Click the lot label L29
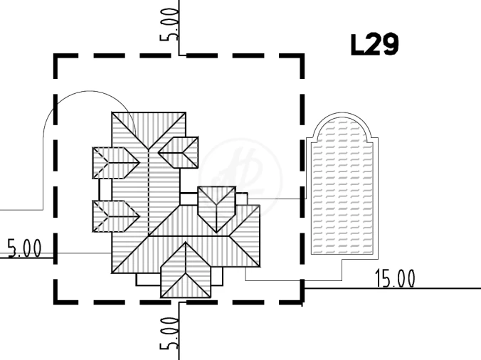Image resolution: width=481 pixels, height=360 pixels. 374,45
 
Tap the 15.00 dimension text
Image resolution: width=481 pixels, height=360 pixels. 395,278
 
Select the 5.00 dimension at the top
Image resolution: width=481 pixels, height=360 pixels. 169,25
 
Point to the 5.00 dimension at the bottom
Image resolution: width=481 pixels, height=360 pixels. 169,334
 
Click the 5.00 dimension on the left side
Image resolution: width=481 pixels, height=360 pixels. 24,248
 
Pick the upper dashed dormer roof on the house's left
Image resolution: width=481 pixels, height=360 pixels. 116,163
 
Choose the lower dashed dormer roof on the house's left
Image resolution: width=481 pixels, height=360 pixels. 116,216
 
